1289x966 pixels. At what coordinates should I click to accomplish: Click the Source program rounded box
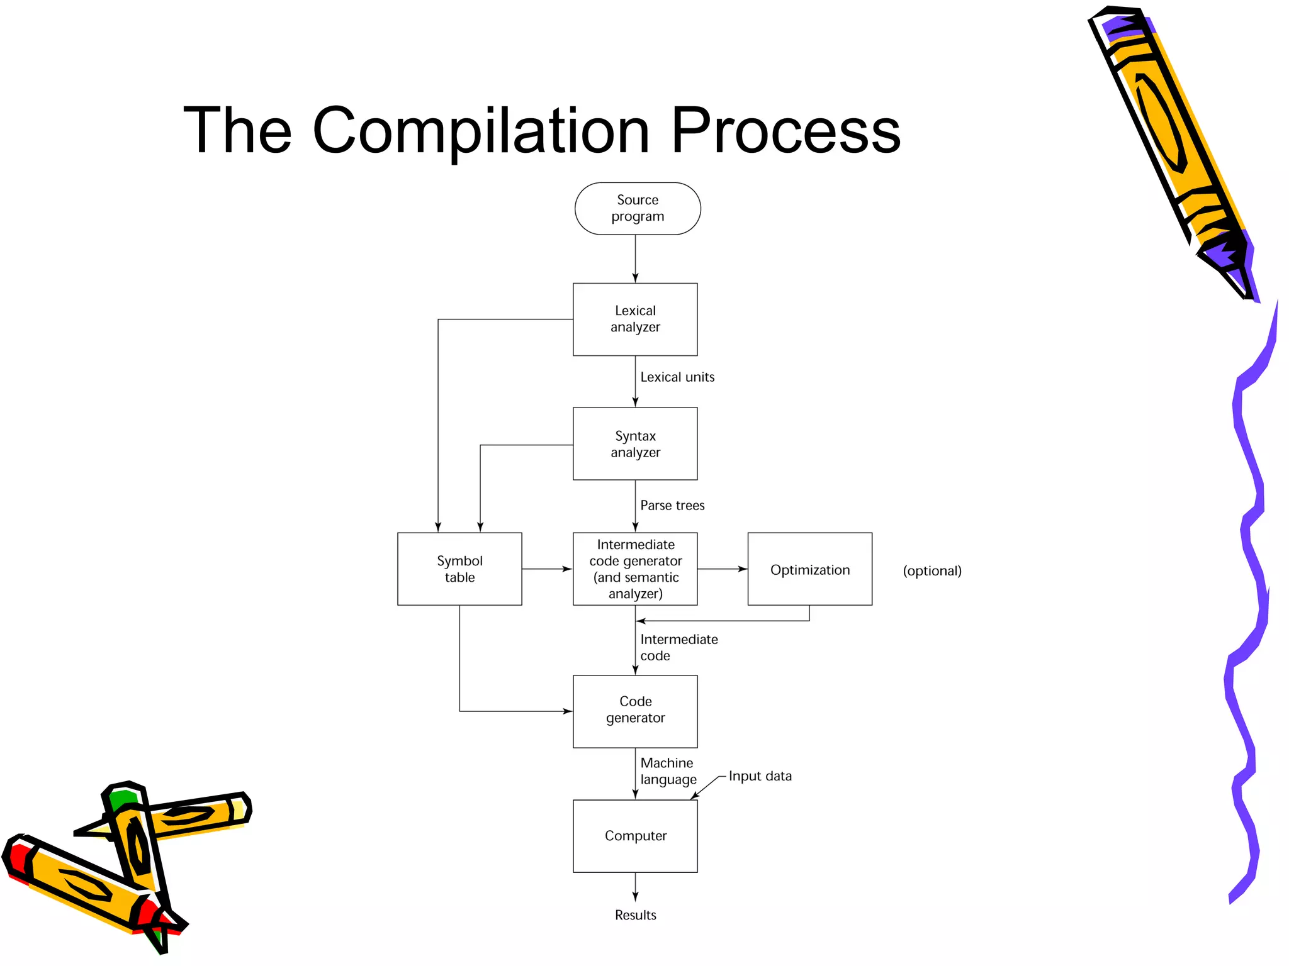coord(637,208)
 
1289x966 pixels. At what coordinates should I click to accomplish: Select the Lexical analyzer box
coord(634,319)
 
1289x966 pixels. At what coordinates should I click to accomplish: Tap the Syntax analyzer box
coord(634,443)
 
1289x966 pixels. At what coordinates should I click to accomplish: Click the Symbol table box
coord(459,569)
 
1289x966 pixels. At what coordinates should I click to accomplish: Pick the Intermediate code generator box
coord(634,569)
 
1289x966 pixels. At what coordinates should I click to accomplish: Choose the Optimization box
coord(809,569)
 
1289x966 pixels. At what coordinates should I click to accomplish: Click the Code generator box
coord(634,711)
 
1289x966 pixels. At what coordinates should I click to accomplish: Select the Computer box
coord(634,835)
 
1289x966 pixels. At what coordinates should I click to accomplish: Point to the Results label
coord(635,915)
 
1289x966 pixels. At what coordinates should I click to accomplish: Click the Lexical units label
coord(677,377)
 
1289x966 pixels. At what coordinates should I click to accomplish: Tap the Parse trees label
coord(672,506)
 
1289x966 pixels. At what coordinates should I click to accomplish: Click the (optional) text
coord(932,571)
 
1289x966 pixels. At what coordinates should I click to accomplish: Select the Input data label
coord(760,776)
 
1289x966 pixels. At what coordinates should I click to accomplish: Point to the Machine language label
coord(668,771)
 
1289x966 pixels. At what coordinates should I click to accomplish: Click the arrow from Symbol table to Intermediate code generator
coord(546,569)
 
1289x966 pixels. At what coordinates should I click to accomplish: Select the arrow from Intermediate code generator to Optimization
coord(722,569)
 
